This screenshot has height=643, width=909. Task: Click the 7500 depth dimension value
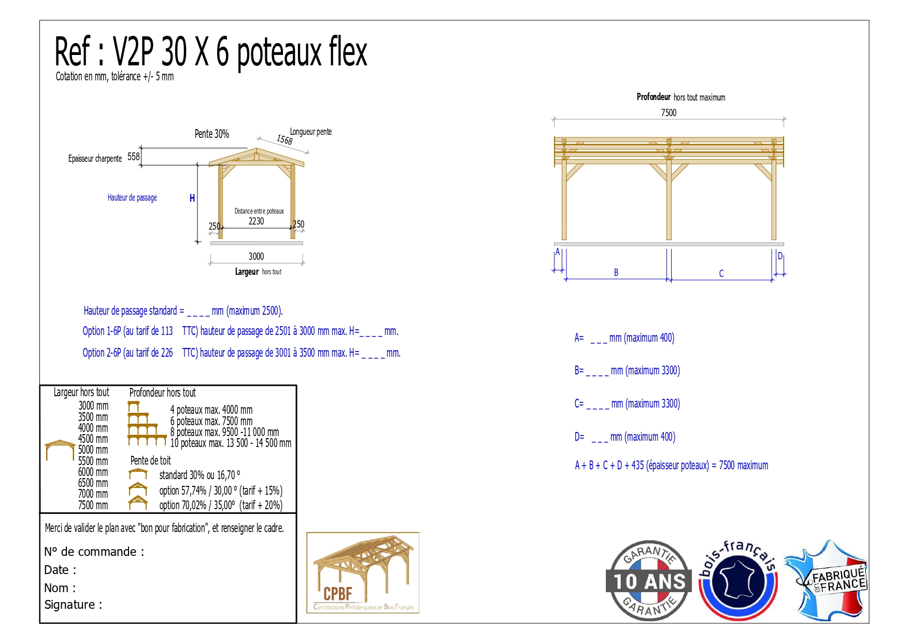coord(669,113)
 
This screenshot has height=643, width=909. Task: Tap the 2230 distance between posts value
coord(256,221)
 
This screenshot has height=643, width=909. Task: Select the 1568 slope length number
coord(285,139)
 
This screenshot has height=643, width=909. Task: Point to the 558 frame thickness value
coord(134,157)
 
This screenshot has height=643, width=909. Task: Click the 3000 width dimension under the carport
coord(256,256)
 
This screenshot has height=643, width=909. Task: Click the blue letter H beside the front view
coord(192,198)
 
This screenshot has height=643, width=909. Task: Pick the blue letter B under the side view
coord(616,272)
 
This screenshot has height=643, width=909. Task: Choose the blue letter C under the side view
coord(721,273)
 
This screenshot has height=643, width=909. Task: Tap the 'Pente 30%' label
coord(212,134)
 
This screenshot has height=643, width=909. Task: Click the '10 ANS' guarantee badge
coord(649,581)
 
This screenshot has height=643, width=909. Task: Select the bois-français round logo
coord(738,580)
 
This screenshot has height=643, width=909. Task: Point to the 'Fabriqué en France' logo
coord(827,580)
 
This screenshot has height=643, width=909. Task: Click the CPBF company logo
coord(363,573)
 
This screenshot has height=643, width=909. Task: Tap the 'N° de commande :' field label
coord(94,552)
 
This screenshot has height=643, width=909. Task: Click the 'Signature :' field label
coord(73,605)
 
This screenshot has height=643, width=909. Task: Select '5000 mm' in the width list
coord(93,450)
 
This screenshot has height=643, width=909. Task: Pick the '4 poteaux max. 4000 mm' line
coord(211,410)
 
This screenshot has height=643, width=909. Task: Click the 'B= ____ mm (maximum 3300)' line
coord(627,370)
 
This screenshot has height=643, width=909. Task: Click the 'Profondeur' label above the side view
coord(654,97)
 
